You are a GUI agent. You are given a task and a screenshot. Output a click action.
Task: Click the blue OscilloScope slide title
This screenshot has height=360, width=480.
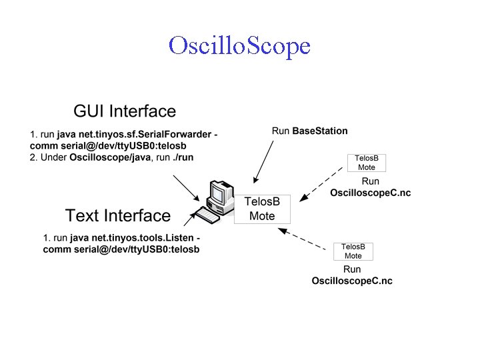(239, 45)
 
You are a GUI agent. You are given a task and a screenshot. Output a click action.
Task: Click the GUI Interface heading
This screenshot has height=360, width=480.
(125, 111)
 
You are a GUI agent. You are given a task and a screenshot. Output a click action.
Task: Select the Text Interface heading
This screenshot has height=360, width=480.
(118, 215)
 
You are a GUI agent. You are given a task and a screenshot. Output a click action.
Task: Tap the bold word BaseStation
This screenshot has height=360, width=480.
(320, 131)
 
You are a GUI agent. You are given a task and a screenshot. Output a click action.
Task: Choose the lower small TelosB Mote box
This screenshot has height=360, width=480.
(353, 251)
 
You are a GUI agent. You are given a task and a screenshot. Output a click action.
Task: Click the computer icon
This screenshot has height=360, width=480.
(217, 199)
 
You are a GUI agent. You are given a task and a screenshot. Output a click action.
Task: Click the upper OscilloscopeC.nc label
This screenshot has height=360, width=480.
(370, 193)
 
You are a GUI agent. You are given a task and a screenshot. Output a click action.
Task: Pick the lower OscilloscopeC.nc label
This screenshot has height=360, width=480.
(352, 281)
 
